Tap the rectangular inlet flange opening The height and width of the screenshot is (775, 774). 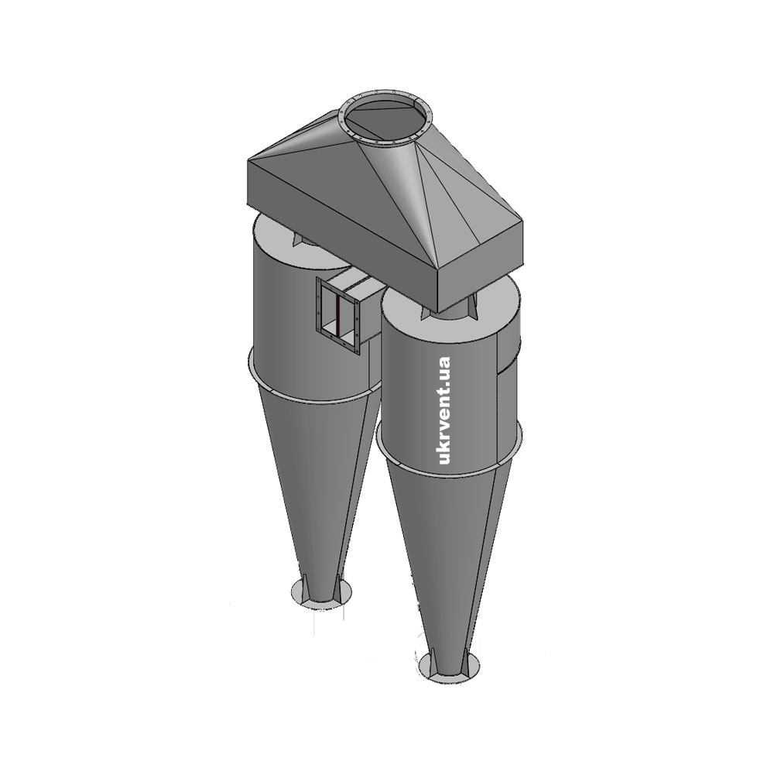coord(338,315)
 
